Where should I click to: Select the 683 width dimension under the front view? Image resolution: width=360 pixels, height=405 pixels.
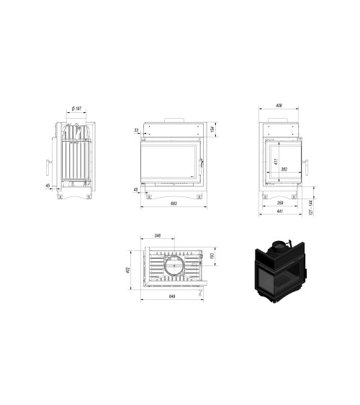tap(173, 204)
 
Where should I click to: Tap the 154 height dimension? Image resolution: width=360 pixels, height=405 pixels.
tap(214, 129)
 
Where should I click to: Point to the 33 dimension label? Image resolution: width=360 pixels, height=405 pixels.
tap(136, 130)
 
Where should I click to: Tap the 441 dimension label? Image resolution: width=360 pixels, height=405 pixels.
tap(279, 213)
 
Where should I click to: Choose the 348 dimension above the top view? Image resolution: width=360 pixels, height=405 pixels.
tap(156, 237)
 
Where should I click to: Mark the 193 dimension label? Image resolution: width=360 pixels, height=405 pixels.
tap(211, 257)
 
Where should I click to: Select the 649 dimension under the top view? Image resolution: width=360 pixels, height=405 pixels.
tap(171, 296)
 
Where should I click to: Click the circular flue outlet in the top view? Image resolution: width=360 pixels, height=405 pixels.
tap(173, 268)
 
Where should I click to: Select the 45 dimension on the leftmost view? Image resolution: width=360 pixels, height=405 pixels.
tap(48, 186)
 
